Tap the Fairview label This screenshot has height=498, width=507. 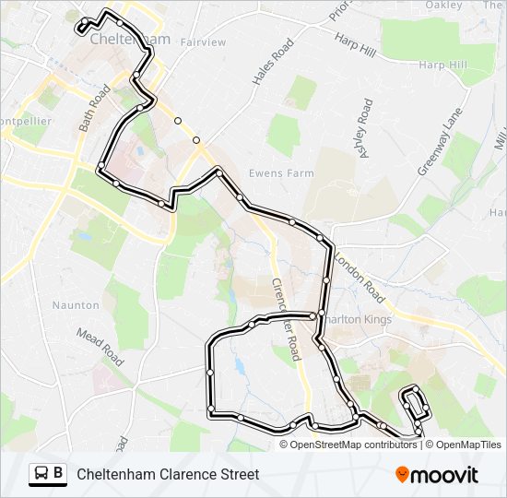(204, 42)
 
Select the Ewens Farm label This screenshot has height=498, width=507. (281, 172)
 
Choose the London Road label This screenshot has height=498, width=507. (360, 276)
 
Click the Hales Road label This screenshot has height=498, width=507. (273, 62)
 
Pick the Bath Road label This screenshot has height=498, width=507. (95, 109)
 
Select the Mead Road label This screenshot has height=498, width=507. (100, 346)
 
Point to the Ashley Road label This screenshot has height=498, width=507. (367, 129)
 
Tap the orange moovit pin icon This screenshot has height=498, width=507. (403, 474)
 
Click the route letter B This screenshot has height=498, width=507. (59, 474)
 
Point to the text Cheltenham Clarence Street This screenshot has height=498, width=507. (168, 475)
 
